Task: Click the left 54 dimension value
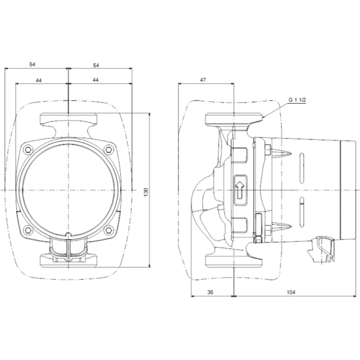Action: pos(33,65)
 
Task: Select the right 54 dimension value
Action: pos(96,65)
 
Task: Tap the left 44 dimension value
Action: pos(38,79)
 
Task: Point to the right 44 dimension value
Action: pos(96,79)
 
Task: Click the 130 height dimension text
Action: pos(145,192)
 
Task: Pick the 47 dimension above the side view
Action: pos(203,79)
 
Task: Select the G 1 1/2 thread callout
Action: pos(297,100)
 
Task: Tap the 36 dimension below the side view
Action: pos(210,292)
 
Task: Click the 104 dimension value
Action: pos(290,292)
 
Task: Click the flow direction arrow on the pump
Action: pos(240,190)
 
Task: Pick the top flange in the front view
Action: pos(68,120)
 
